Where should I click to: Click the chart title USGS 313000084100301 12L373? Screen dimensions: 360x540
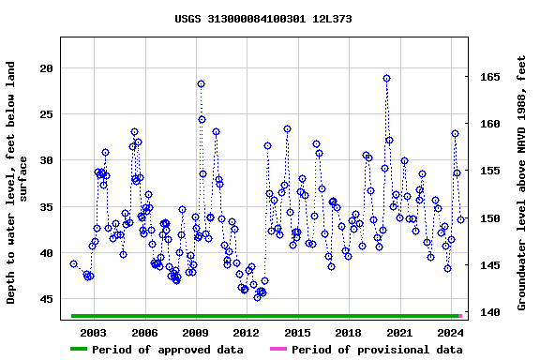click(263, 19)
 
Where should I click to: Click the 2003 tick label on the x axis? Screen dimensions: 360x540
click(94, 332)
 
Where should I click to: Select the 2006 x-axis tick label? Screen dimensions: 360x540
click(144, 332)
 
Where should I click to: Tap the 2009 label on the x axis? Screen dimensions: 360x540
click(195, 332)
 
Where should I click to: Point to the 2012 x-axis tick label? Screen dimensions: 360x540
click(246, 332)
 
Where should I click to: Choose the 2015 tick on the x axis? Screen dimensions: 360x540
click(297, 332)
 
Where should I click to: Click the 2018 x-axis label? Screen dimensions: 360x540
click(348, 332)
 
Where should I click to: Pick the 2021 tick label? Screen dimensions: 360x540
click(399, 332)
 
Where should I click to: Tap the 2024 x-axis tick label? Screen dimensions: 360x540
click(450, 332)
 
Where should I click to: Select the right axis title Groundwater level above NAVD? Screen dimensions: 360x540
click(521, 183)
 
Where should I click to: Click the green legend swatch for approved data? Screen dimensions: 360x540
click(91, 350)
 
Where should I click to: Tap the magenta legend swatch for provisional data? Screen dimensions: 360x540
click(278, 350)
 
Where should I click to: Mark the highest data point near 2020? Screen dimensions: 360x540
click(386, 79)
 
